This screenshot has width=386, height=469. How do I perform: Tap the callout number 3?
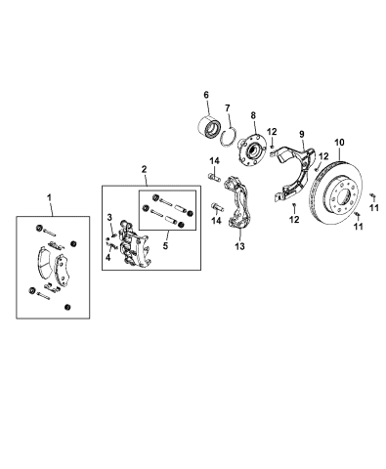click(110, 216)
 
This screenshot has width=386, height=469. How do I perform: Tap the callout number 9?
click(303, 133)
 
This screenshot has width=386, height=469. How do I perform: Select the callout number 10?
click(340, 144)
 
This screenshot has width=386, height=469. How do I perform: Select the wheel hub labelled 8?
click(251, 149)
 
